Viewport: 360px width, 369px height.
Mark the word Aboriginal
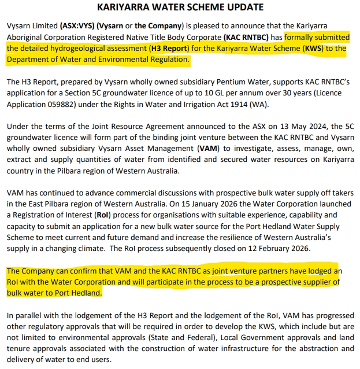pyautogui.click(x=27, y=38)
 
